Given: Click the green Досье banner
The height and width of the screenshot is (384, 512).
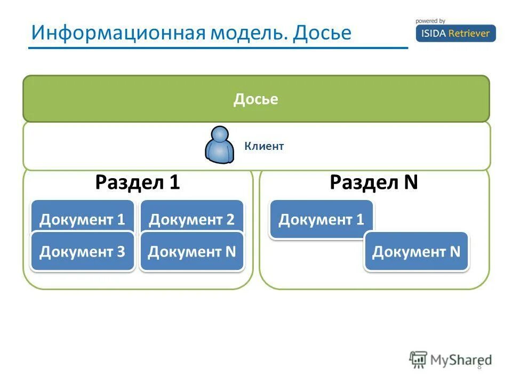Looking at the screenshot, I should click(x=255, y=99).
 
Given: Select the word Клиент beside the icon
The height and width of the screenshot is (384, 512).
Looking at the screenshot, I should click(x=264, y=146).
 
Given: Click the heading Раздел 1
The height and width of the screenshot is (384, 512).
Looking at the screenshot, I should click(x=138, y=183).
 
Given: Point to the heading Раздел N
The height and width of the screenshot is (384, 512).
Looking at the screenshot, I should click(x=373, y=183).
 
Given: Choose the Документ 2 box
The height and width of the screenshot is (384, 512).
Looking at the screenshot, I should click(x=191, y=219).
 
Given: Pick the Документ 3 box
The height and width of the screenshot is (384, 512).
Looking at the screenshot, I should click(x=83, y=251).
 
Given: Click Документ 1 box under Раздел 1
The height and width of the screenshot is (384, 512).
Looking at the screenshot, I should click(x=83, y=219).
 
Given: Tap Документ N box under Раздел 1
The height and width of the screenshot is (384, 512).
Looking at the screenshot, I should click(x=191, y=251).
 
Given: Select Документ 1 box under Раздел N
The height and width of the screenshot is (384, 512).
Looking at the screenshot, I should click(x=321, y=219).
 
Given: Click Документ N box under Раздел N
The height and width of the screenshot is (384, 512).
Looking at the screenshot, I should click(x=416, y=251).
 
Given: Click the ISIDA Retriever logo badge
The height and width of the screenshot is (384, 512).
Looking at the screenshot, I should click(x=455, y=33).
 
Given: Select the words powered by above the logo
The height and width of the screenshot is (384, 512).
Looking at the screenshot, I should click(x=430, y=21).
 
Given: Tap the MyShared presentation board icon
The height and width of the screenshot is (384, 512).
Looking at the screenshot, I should click(x=419, y=359).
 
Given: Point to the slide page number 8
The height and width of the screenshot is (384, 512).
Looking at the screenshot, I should click(x=479, y=366).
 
